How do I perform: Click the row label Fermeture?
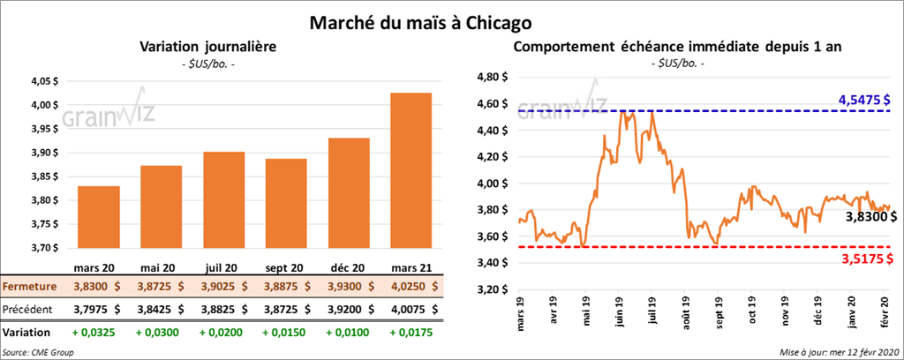pos(29,287)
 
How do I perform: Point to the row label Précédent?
pos(29,310)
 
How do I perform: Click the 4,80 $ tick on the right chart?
pos(491,78)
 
